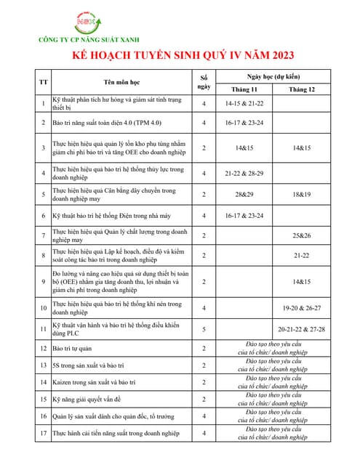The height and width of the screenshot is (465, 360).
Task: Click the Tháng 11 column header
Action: point(244,89)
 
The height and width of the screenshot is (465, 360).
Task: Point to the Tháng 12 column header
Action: point(301,89)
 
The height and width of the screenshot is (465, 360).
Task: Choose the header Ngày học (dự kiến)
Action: point(273,76)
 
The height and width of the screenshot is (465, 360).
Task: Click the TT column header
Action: point(43,82)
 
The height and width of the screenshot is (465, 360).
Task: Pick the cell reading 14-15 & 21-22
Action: point(244,104)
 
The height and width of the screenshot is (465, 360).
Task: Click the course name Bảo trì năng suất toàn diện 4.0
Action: point(106,123)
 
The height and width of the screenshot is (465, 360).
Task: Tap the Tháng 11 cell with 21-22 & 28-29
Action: point(244,173)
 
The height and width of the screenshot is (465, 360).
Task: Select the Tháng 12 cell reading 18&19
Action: point(301,195)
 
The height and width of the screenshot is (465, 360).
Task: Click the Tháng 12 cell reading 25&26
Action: point(301,235)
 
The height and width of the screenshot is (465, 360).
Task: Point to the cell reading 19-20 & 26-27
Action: point(301,308)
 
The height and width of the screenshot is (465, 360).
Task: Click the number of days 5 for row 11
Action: point(204,328)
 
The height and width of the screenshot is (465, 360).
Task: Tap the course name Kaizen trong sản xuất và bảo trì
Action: point(94,382)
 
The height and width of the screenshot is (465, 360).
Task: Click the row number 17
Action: point(43,433)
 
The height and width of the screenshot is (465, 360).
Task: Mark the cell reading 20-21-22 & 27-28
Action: point(301,328)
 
